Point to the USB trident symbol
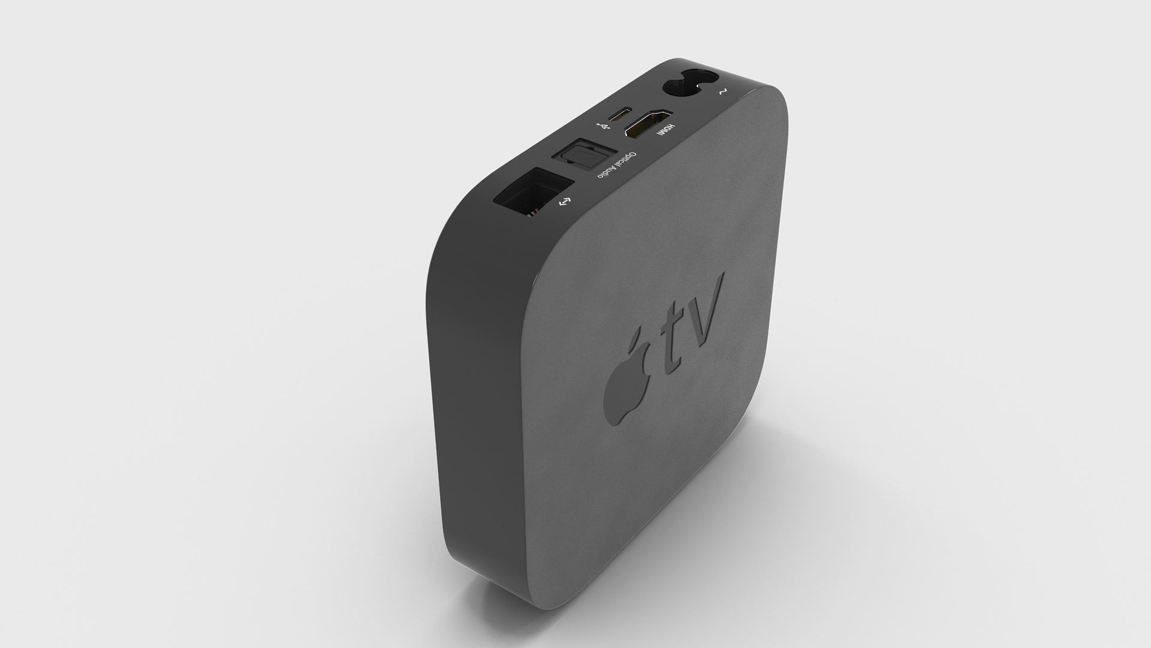(x=601, y=127)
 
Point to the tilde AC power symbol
(x=722, y=92)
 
